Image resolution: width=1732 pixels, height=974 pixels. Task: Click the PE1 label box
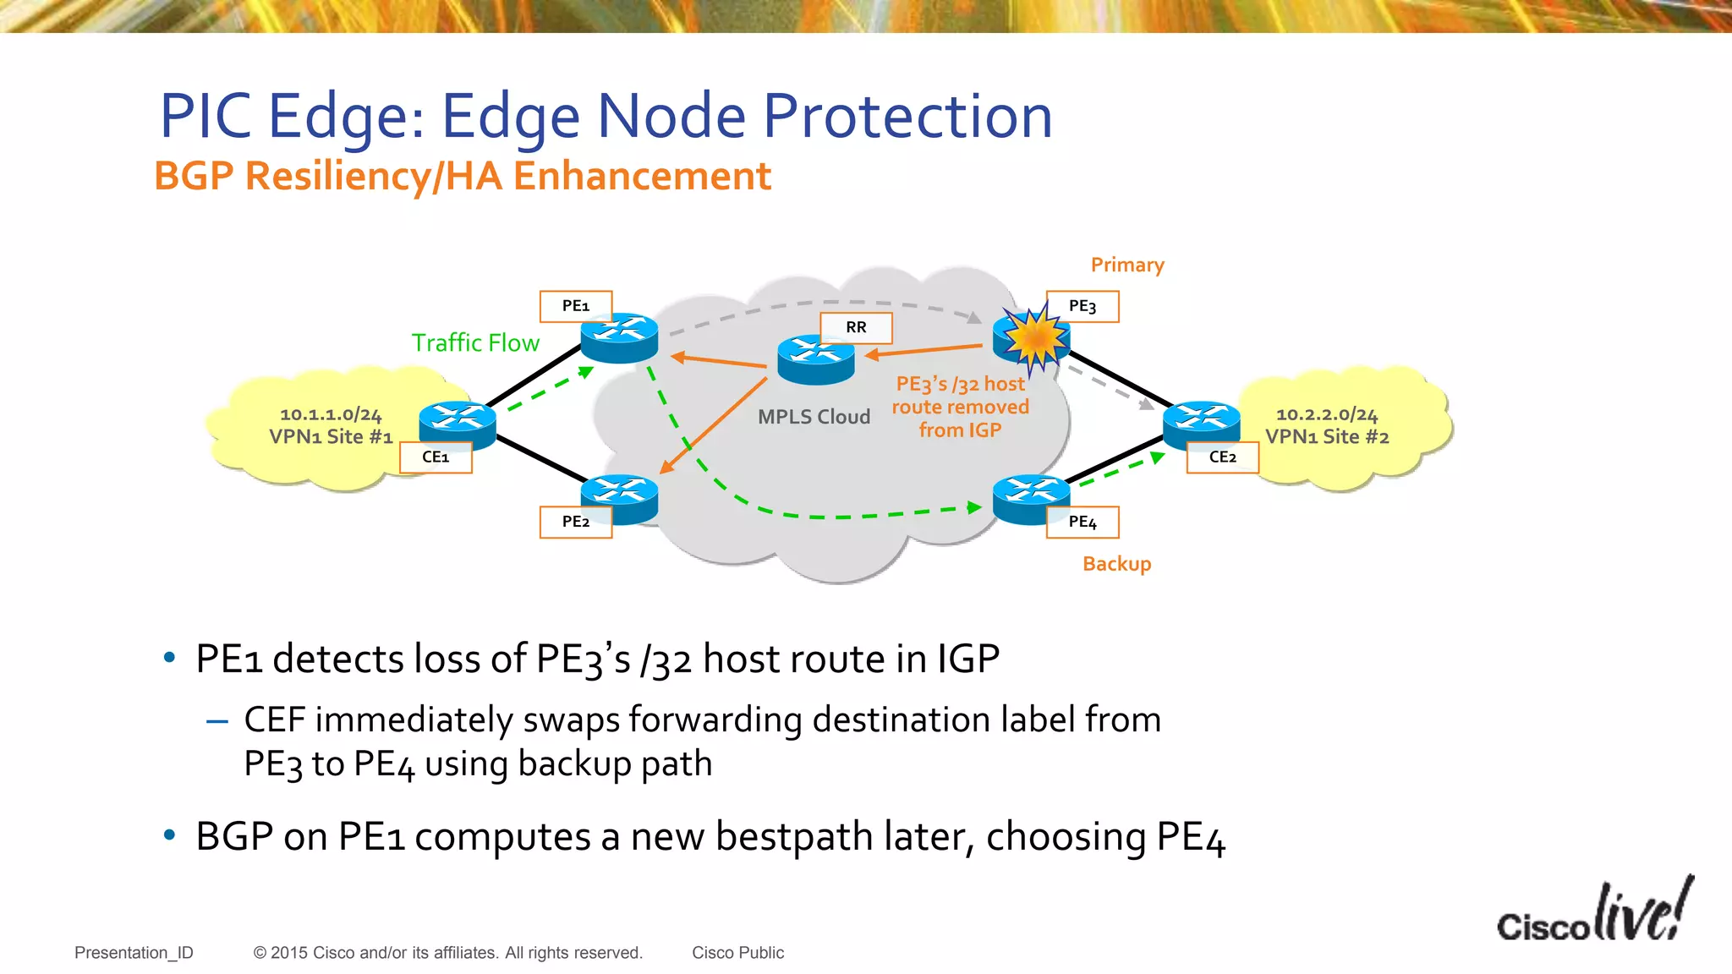coord(576,306)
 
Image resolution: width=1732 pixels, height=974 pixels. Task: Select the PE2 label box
coord(576,522)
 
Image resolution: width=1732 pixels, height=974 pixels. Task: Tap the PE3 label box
coord(1082,306)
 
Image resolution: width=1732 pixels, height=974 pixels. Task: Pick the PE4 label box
coord(1082,522)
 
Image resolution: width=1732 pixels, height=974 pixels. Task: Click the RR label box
coord(856,327)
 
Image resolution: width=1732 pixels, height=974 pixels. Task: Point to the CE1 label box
coord(436,457)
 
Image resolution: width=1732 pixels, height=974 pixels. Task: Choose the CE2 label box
coord(1223,457)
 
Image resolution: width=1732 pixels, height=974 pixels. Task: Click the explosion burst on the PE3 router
coord(1034,337)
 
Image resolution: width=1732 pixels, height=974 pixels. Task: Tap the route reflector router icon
coord(815,358)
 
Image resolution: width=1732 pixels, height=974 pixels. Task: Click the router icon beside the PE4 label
coord(1030,496)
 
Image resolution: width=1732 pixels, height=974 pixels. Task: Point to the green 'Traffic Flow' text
coord(475,343)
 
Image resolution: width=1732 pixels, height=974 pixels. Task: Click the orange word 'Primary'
coord(1127,265)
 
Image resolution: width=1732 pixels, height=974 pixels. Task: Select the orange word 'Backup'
coord(1116,564)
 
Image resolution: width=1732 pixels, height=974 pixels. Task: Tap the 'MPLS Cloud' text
coord(814,417)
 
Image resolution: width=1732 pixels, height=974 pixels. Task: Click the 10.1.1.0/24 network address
coord(331,414)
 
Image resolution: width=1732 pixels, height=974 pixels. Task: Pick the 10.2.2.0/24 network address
coord(1327,414)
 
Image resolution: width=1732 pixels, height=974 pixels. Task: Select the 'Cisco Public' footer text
coord(737,953)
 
